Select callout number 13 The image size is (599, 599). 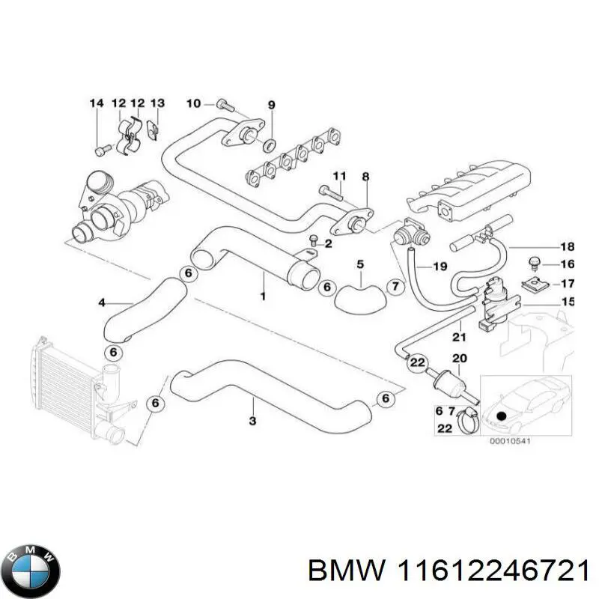point(157,103)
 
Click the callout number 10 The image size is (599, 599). point(193,103)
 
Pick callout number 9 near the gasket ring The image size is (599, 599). point(271,104)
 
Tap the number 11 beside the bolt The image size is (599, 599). point(339,177)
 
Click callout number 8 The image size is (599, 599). point(365,177)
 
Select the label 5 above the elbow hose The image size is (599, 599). point(360,264)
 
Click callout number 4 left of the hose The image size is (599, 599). point(103,302)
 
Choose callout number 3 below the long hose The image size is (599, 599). point(252,422)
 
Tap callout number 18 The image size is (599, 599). point(567,246)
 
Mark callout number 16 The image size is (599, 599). point(567,264)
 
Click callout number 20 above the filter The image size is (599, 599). point(459,358)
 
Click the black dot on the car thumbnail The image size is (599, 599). point(501,416)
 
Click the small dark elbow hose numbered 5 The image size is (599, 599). point(359,295)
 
